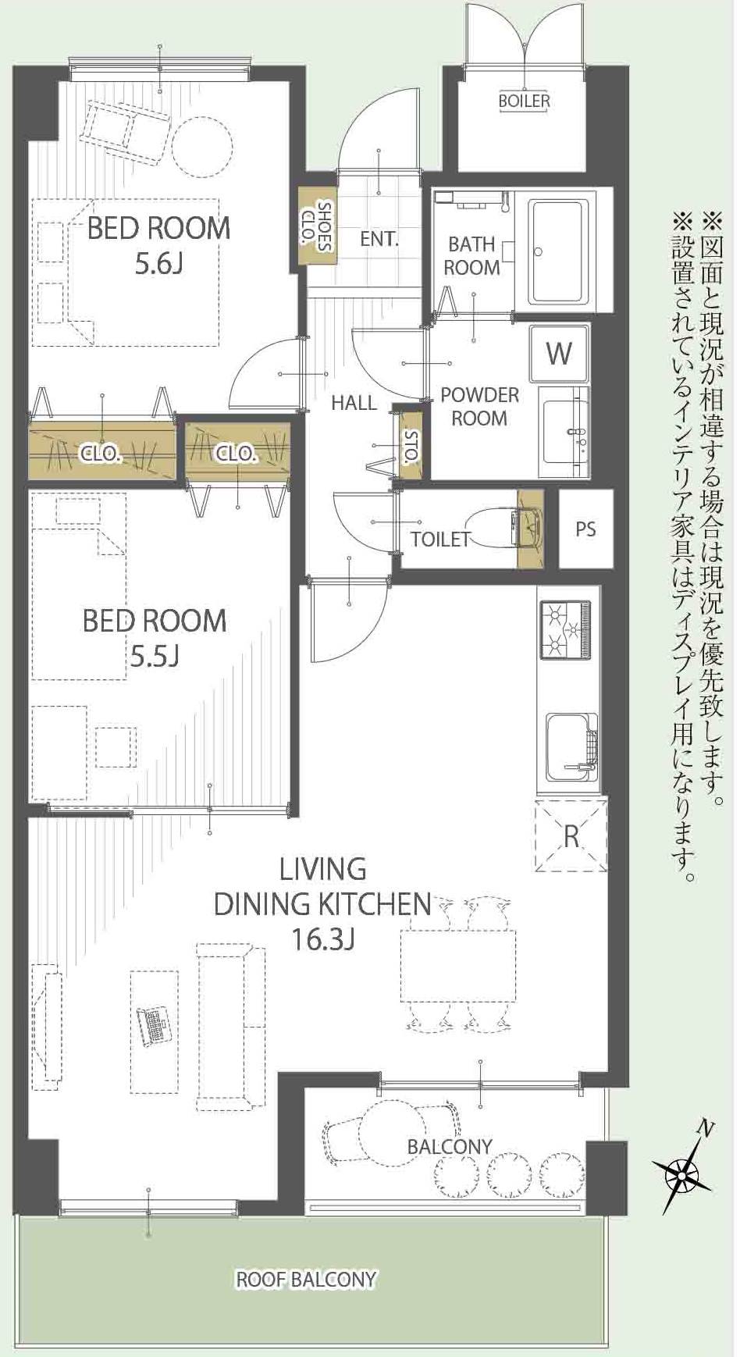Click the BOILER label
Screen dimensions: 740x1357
coord(525,101)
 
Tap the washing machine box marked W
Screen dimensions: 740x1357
coord(559,352)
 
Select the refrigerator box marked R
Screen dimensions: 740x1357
coord(571,835)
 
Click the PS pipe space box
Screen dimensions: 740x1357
coord(586,529)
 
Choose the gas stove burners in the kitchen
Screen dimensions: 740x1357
coord(567,629)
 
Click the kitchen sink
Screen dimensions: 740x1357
coord(571,746)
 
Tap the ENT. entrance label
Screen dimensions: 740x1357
coord(379,239)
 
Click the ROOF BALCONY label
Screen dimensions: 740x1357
coord(306,1280)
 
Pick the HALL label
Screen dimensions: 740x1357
coord(354,404)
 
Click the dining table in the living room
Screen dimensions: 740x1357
coord(459,966)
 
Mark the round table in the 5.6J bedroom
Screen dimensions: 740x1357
coord(202,146)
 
